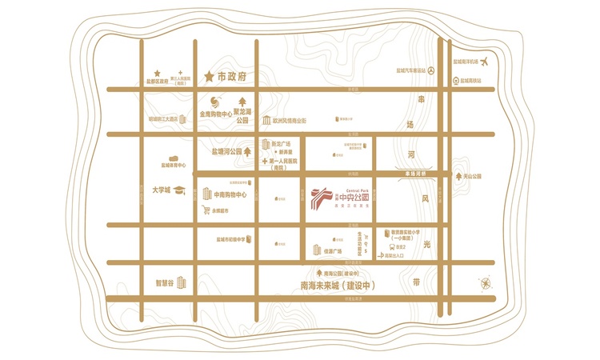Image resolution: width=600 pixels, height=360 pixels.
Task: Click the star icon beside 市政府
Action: click(x=210, y=77)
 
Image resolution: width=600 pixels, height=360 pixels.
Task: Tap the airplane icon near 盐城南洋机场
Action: click(x=485, y=62)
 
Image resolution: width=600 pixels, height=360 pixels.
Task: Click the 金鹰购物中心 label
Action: click(x=215, y=114)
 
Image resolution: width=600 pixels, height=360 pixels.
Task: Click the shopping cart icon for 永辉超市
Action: click(x=206, y=210)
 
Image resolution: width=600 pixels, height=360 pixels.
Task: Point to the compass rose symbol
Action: click(x=486, y=282)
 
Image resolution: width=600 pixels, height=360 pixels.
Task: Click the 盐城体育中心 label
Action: click(x=173, y=166)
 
